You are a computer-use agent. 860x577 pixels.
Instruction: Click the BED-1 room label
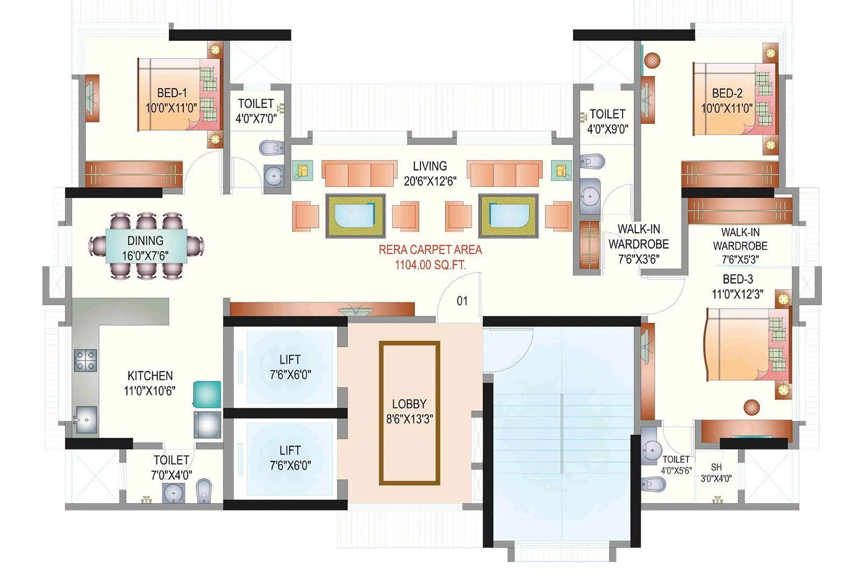172,93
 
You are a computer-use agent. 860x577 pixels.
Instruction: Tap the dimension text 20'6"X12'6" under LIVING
429,181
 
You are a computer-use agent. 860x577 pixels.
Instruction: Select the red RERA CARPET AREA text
430,250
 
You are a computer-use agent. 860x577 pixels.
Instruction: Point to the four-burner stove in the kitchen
85,360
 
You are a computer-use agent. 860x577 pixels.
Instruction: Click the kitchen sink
85,420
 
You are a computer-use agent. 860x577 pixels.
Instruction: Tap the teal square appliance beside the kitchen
207,394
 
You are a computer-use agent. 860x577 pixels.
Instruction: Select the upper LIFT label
290,359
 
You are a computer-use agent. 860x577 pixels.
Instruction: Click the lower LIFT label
290,450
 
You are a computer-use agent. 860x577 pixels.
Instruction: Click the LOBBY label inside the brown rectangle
409,404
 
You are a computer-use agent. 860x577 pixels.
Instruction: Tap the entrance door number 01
462,301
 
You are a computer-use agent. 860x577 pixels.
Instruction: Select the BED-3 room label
737,279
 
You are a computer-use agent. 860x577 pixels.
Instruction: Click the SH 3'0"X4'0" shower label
716,467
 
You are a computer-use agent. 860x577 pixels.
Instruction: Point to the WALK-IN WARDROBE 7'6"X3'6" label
639,244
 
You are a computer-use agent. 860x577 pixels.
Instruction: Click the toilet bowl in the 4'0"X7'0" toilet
271,147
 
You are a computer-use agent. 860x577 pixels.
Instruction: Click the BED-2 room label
727,93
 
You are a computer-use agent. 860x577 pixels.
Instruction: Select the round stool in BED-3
751,407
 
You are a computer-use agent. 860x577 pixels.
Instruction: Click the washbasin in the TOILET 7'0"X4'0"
174,492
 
